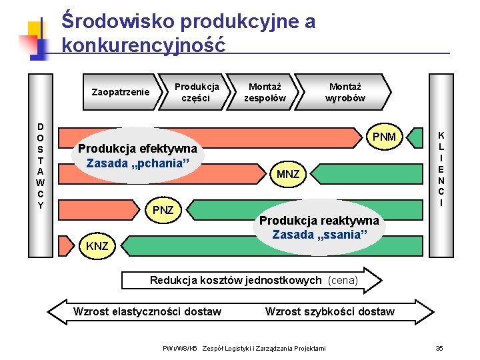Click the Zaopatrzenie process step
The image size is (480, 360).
120,92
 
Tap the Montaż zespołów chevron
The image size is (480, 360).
265,92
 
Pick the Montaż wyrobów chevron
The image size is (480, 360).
345,92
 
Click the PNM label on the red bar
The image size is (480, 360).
384,137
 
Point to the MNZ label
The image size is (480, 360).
288,175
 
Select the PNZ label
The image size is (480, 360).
163,211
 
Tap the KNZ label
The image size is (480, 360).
97,247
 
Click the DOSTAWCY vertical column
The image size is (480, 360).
41,165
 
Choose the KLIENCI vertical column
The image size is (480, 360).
441,165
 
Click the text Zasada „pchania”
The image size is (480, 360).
138,163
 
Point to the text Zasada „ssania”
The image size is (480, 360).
319,235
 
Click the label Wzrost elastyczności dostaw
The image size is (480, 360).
147,311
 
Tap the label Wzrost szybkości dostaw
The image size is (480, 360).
330,311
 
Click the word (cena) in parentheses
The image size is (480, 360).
343,281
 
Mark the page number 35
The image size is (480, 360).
439,349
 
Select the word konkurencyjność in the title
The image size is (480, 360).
143,45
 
